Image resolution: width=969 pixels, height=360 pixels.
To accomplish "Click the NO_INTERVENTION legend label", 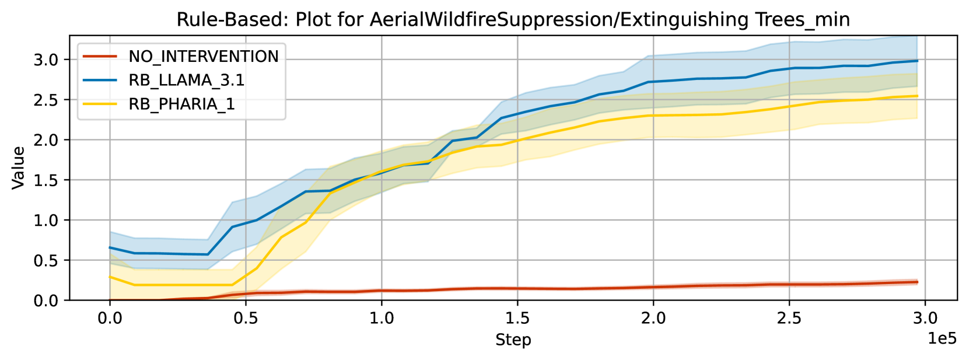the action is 204,57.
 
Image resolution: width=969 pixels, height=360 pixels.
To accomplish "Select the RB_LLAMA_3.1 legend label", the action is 187,81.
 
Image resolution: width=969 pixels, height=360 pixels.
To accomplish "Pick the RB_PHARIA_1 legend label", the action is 181,104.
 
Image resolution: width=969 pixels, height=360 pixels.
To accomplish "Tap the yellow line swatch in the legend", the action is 100,104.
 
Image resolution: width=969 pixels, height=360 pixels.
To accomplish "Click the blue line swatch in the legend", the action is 100,80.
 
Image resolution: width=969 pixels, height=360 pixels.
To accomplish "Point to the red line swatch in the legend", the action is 100,56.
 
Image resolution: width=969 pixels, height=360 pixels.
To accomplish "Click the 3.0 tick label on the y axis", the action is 46,60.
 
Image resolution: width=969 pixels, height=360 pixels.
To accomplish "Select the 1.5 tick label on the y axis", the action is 46,180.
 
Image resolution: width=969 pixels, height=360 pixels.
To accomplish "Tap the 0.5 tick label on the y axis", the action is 46,260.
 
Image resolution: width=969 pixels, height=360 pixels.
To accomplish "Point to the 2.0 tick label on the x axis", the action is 653,319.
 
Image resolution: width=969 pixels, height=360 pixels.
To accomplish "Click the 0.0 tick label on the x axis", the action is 110,319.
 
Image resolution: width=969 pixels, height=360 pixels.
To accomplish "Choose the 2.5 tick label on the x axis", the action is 789,319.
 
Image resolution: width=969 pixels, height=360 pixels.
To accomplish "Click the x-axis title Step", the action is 513,340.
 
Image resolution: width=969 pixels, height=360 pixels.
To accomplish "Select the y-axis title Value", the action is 18,168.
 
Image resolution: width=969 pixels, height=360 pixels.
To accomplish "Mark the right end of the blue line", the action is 918,61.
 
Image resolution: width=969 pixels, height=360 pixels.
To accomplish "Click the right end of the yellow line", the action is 918,96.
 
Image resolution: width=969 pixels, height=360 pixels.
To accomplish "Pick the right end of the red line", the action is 918,282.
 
